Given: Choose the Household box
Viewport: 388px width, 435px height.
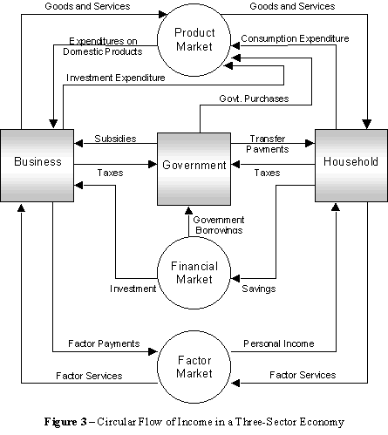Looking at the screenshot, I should click(x=350, y=162).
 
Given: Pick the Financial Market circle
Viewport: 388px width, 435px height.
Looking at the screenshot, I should click(x=193, y=273).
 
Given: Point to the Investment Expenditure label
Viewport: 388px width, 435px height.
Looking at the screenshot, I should click(x=115, y=78).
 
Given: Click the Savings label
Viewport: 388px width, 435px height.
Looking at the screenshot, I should click(x=259, y=288).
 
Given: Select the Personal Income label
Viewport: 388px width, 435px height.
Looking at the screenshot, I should click(x=278, y=343).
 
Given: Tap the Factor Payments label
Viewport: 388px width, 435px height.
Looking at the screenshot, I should click(x=106, y=343).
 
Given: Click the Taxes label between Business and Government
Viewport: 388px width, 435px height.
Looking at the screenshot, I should click(x=110, y=173).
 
